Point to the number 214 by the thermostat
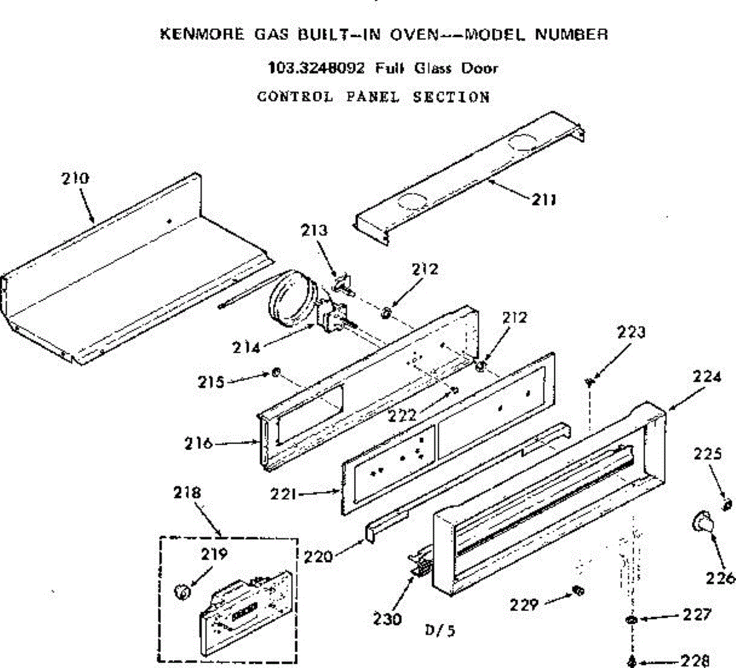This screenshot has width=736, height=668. coord(245,347)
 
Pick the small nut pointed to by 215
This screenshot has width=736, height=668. coord(277,372)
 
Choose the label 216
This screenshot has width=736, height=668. coord(198,442)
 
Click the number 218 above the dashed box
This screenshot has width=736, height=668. coord(186,492)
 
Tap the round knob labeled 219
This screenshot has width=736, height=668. coord(180,592)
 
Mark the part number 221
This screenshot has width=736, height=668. coord(284,493)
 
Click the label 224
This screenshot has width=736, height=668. coord(707,377)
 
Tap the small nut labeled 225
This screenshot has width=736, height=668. coord(727,505)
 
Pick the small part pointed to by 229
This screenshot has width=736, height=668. coord(577,590)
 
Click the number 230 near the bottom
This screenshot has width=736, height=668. coord(388,618)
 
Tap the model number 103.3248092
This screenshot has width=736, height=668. coord(316,67)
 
